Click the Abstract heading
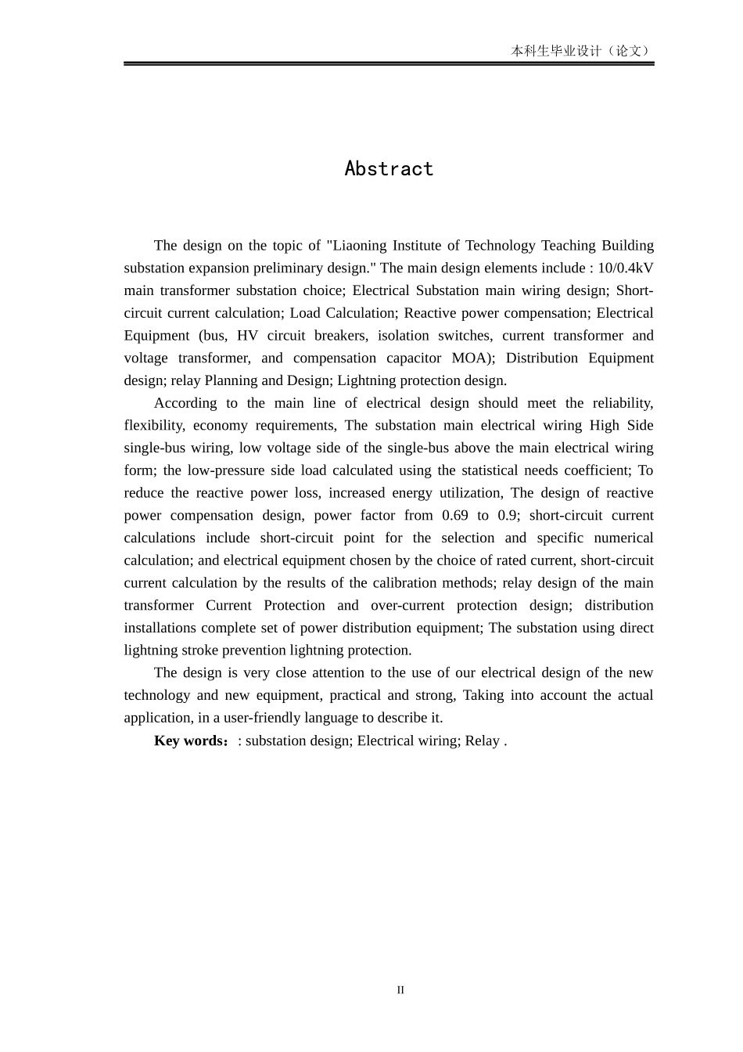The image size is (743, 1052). [x=389, y=169]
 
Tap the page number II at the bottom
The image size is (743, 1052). [x=400, y=990]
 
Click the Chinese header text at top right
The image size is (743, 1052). [x=582, y=51]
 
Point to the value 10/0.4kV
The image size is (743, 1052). [x=626, y=268]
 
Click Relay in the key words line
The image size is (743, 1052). [x=482, y=740]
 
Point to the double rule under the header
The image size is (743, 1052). [x=389, y=63]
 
